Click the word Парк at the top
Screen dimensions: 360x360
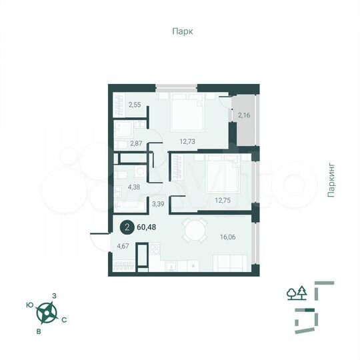180,31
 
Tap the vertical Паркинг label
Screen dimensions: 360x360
331,179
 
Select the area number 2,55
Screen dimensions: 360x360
135,105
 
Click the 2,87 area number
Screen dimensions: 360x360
137,143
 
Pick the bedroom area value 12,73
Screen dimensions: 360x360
190,140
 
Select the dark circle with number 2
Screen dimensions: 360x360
126,227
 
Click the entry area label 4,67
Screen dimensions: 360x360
122,247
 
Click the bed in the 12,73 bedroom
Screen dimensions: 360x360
187,112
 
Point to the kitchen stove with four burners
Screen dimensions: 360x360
155,250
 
